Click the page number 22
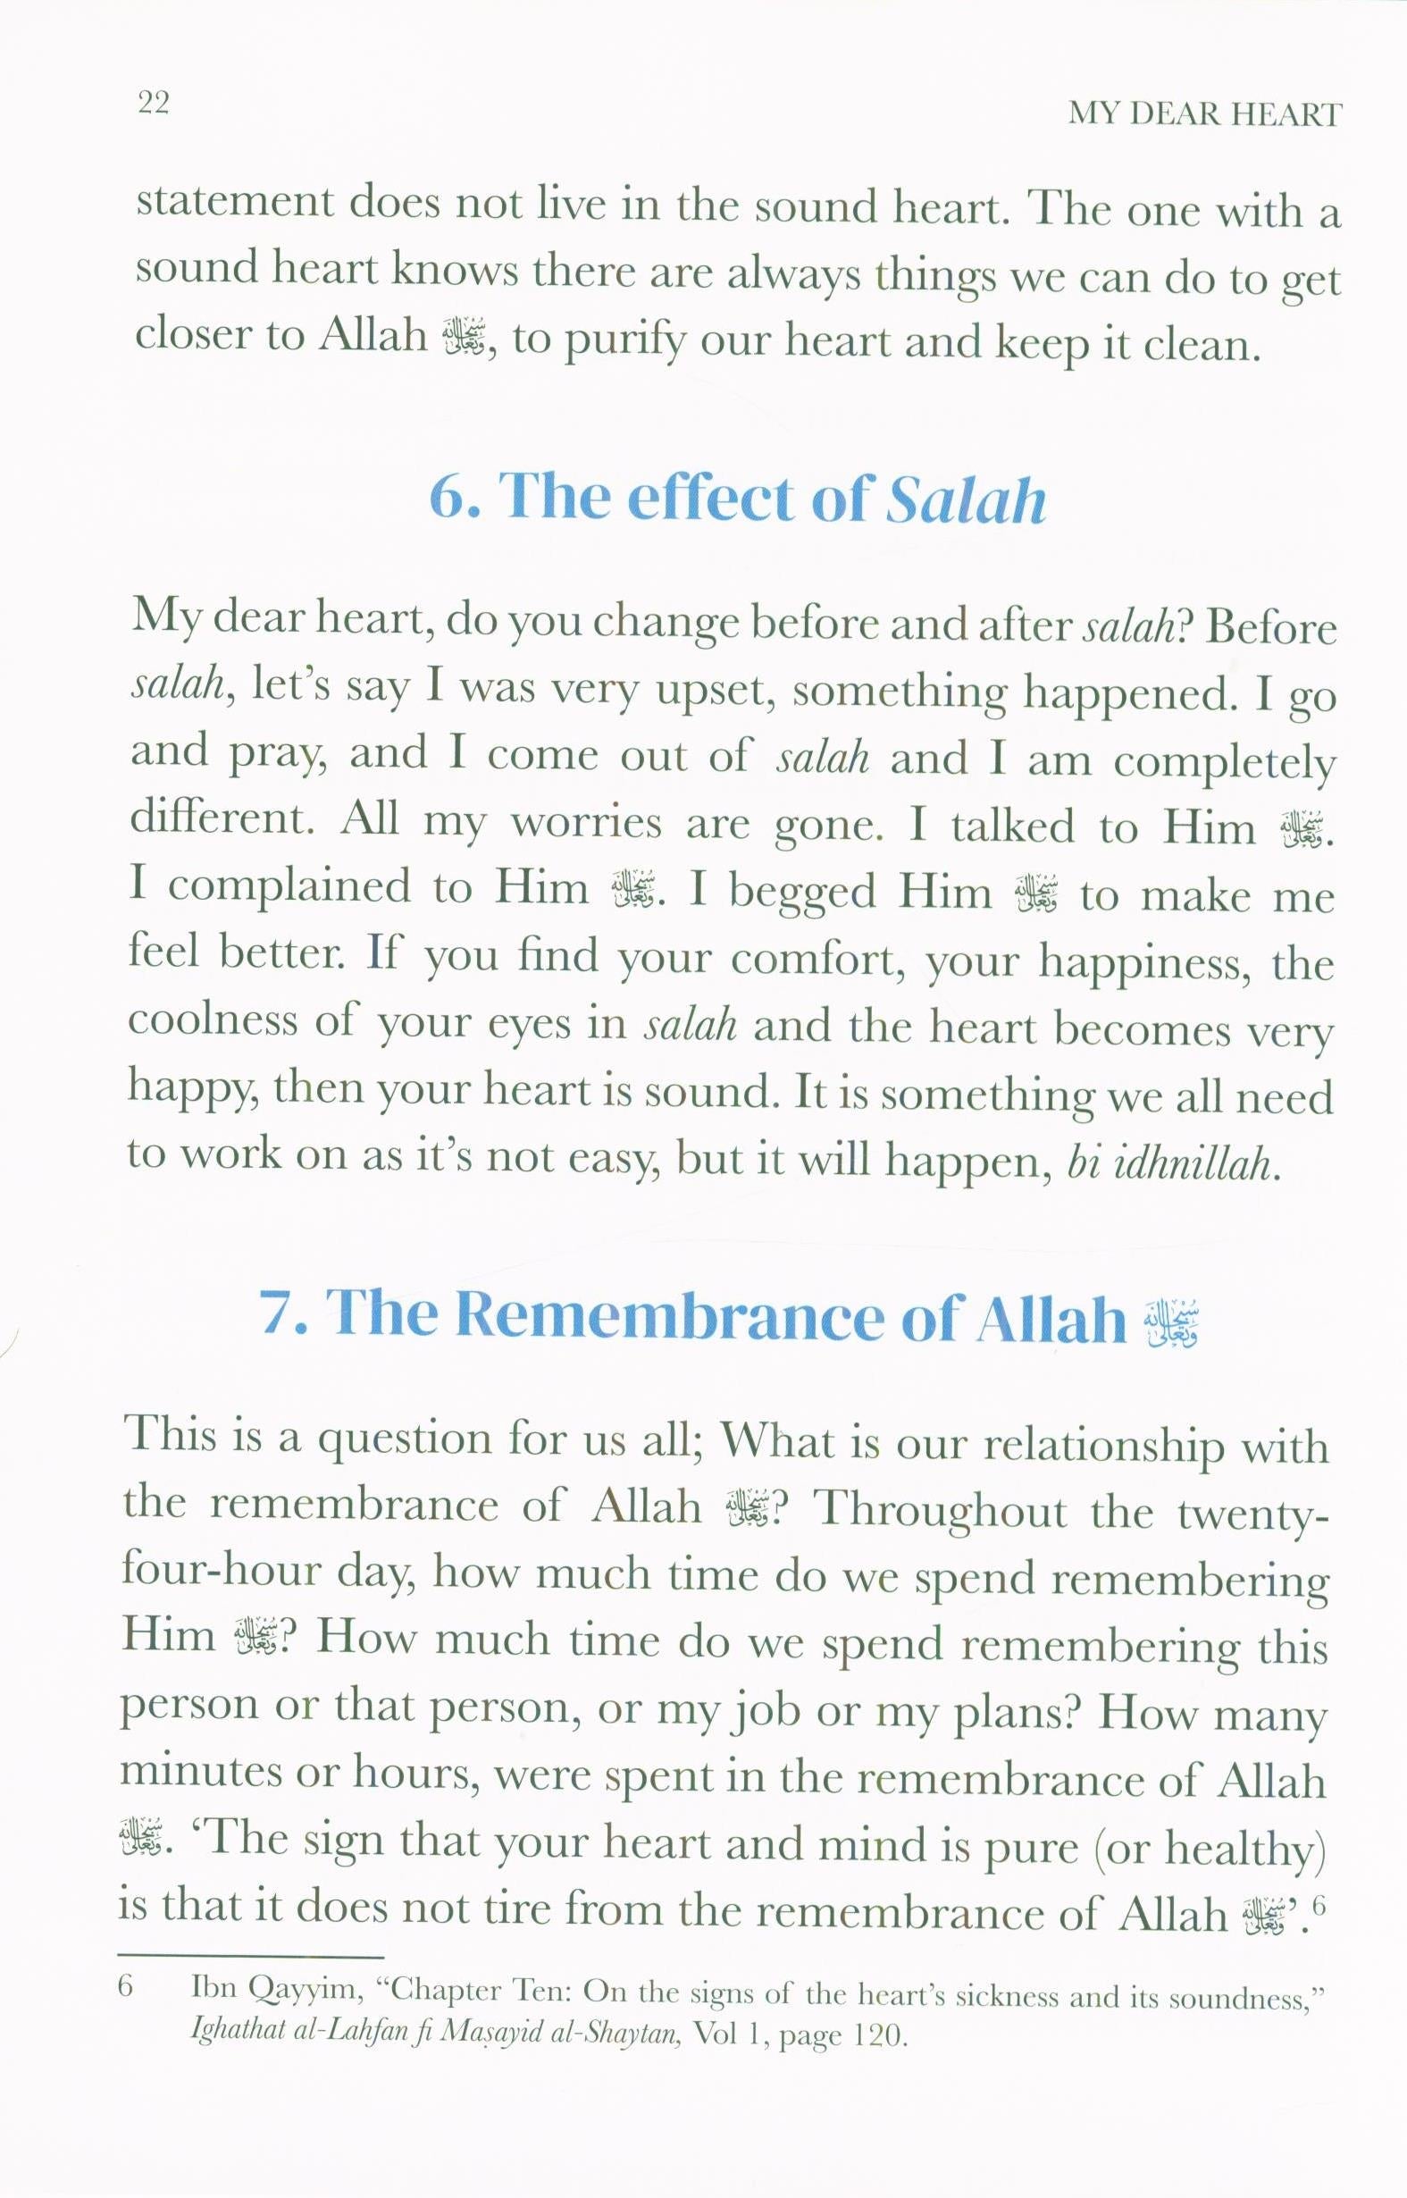coord(154,103)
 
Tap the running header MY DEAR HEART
coord(1205,114)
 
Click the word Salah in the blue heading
coord(966,500)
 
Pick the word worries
coord(586,823)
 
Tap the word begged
coord(802,891)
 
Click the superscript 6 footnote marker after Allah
coord(1318,1907)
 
